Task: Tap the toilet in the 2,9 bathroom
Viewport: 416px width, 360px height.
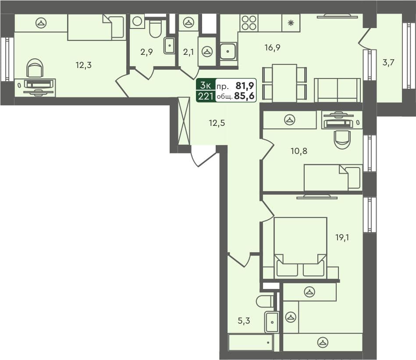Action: [155, 29]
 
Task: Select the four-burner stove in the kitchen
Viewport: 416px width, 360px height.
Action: [249, 23]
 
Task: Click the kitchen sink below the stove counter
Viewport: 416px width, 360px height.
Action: [228, 52]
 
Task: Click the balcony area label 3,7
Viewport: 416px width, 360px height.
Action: [388, 63]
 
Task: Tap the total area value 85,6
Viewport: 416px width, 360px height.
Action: [245, 96]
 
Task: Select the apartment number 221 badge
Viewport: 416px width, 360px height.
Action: [206, 96]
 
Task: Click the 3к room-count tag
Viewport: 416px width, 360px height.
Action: [206, 85]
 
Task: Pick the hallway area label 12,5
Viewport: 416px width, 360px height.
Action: [217, 123]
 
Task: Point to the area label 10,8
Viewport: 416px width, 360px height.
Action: [299, 151]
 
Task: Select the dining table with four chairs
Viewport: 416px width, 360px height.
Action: [284, 83]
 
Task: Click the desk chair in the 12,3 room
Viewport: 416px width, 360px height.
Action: [35, 69]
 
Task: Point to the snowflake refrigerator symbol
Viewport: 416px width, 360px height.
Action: [290, 23]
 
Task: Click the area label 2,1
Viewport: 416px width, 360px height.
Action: [188, 52]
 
